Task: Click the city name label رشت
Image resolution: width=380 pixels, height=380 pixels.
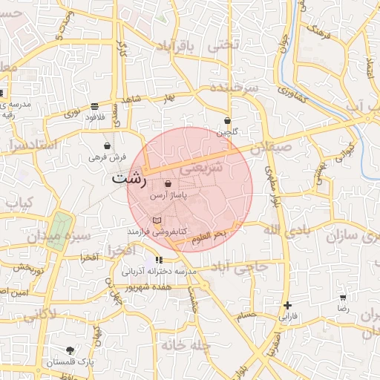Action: tap(129, 180)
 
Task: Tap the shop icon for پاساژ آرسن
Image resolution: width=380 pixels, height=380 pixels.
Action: tap(168, 183)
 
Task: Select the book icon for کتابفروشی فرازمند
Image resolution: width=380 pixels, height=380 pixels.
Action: tap(156, 220)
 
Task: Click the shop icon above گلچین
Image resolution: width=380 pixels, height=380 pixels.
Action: tap(227, 120)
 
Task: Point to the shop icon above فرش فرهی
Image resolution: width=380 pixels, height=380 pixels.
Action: tap(108, 145)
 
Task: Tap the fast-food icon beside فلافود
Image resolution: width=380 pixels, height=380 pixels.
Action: tap(94, 106)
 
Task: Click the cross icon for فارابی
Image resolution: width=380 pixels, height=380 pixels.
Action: tap(288, 305)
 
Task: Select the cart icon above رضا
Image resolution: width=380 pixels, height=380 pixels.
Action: tap(343, 296)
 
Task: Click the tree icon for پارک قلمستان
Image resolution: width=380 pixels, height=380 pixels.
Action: tap(70, 350)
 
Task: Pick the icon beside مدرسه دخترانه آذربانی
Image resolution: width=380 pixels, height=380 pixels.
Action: tap(158, 260)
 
